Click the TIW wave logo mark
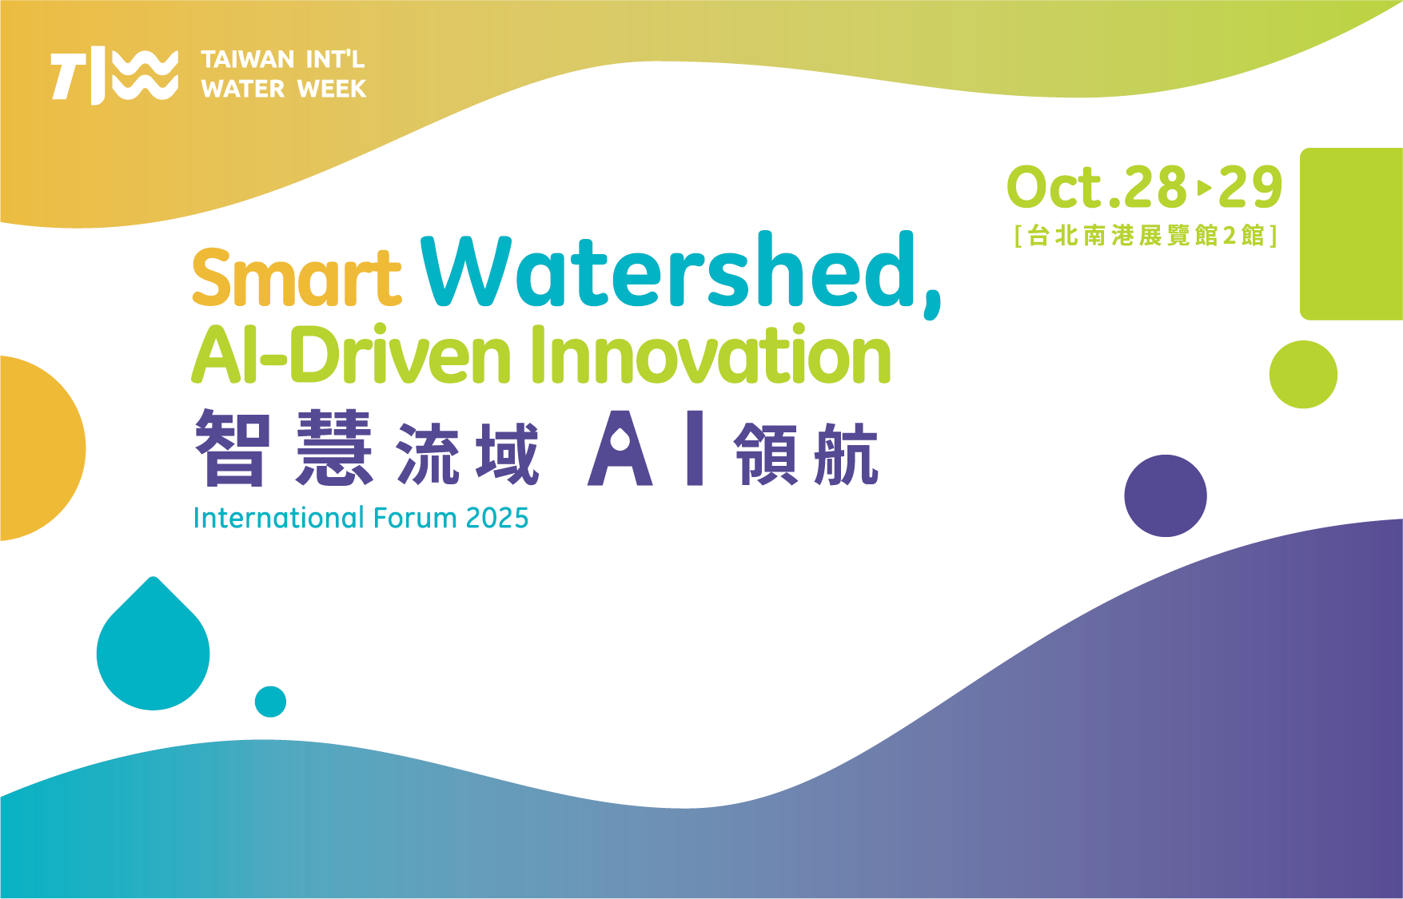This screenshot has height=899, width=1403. pos(114,76)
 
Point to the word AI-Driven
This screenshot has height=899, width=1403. pos(352,354)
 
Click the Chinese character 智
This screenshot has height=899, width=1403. pos(233,448)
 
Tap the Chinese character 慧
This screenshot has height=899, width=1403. pos(334,448)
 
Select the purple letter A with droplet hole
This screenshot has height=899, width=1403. pos(620,448)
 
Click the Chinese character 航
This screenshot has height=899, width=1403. pos(846,454)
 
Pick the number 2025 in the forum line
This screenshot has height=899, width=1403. pos(497,519)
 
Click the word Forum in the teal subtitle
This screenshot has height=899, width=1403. pos(416,519)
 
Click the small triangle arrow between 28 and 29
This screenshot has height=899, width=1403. pos(1204,189)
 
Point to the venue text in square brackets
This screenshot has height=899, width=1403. pos(1146,236)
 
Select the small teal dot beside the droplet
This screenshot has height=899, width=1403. pos(270,702)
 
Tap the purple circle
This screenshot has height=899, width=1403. pos(1166,495)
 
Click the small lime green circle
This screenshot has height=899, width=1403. pos(1303,374)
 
